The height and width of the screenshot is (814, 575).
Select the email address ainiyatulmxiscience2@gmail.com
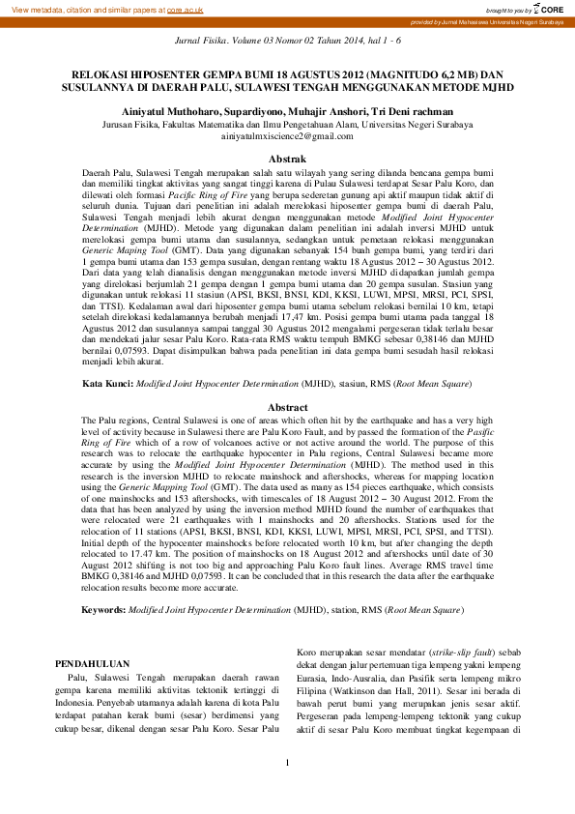(x=287, y=136)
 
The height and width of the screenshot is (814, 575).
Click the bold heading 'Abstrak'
(x=287, y=158)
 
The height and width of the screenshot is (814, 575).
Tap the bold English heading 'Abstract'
(x=287, y=407)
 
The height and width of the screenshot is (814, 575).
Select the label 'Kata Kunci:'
(x=106, y=384)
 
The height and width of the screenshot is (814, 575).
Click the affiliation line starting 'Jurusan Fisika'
(x=287, y=125)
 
